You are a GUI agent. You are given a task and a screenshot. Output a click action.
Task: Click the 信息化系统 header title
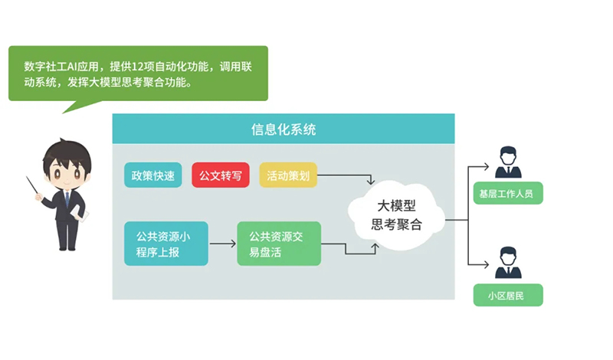point(283,129)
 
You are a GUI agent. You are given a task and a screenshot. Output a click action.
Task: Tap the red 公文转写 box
point(221,175)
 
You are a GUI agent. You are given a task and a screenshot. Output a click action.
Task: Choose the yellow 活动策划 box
point(287,175)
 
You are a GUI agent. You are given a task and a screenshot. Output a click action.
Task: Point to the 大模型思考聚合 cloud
point(396,215)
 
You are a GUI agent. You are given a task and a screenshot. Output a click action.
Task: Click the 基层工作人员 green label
point(508,193)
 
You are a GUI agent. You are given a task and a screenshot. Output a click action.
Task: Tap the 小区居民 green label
point(508,295)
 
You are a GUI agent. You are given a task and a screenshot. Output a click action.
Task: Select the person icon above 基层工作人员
point(508,162)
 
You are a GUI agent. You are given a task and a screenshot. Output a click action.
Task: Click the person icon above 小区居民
point(508,263)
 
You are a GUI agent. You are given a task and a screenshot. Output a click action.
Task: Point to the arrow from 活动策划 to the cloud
point(345,178)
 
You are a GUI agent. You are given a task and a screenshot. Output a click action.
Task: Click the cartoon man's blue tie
point(67,201)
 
